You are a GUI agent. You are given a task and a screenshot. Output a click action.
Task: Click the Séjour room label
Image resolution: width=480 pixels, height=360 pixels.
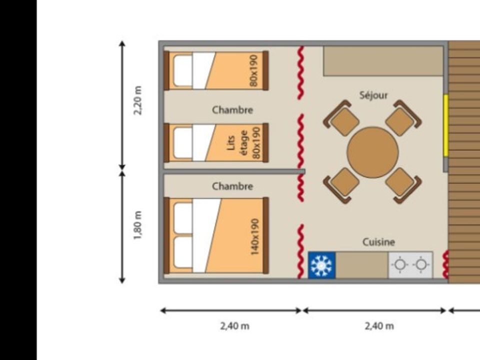[x=373, y=95]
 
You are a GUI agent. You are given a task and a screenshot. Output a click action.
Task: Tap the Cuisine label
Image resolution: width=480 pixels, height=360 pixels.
[x=378, y=242]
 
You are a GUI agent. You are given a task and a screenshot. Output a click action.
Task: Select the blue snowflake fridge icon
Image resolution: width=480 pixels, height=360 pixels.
[x=321, y=265]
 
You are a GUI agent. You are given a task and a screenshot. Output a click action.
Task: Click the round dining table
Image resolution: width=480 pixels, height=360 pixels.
[x=372, y=152]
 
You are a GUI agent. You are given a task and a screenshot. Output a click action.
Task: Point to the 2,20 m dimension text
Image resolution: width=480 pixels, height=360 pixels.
[x=138, y=100]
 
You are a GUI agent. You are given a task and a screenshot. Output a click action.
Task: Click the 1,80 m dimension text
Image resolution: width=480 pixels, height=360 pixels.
[x=138, y=225]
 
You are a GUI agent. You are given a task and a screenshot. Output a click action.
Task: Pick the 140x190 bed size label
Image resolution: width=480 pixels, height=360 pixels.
[x=254, y=236]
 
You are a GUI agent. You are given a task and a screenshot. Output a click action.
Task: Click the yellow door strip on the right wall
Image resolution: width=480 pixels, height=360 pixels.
[x=446, y=125]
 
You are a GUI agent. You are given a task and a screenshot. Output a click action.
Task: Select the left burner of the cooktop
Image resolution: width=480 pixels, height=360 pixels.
[x=400, y=264]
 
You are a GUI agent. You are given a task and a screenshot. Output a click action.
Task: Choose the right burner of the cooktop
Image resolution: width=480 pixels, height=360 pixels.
[x=421, y=264]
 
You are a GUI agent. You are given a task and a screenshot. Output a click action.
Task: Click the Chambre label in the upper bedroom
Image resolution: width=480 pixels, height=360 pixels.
[x=232, y=110]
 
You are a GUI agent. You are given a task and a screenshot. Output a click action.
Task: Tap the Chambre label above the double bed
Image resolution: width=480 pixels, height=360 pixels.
[x=232, y=186]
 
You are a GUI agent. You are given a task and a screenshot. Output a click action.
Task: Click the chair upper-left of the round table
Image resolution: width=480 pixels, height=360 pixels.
[x=341, y=118]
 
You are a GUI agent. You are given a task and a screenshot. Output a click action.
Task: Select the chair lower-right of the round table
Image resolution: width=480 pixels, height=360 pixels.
[x=403, y=185]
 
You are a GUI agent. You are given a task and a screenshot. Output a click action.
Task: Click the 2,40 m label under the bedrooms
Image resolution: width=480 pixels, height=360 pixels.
[x=234, y=326]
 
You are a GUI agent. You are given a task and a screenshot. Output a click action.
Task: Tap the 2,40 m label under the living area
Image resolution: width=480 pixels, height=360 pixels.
[x=379, y=326]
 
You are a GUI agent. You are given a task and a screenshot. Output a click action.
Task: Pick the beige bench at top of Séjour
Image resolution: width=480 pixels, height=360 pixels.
[x=383, y=61]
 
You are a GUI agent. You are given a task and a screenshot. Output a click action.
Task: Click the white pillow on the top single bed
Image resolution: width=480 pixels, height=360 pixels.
[x=183, y=70]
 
